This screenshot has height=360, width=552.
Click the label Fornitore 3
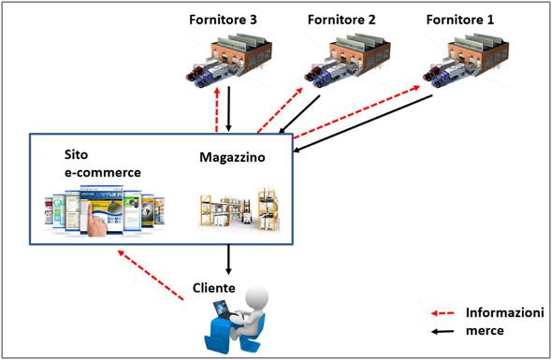coord(222,19)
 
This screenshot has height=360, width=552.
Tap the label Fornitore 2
coord(341,19)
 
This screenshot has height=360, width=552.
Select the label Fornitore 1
coord(460,19)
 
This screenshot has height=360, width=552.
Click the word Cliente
coord(214,287)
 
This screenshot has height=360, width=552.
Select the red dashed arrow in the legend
coord(445,313)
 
